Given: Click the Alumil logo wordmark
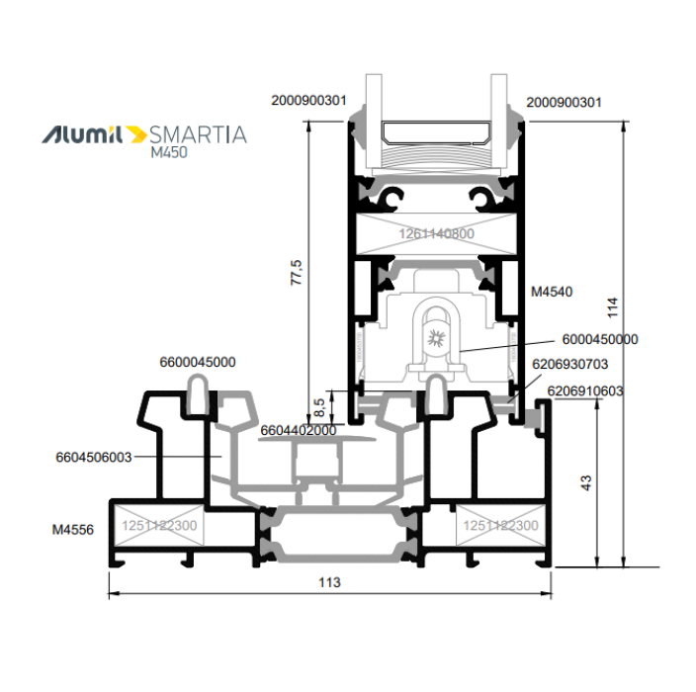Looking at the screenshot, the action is (82, 134).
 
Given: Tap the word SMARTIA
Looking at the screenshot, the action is (198, 134).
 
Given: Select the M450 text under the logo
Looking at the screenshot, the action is (169, 152).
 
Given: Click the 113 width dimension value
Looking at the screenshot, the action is (329, 582).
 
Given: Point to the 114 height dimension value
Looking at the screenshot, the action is (612, 307).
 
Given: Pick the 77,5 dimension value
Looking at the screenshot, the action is (296, 273).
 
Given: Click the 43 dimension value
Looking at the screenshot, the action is (586, 482).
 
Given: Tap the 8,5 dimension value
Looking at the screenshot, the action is (319, 407).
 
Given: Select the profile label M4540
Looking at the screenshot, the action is (552, 292).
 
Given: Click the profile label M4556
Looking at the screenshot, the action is (73, 530).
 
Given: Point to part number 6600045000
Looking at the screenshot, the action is (198, 362).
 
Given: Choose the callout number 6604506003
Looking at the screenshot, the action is (94, 457).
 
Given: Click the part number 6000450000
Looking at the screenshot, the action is (600, 339).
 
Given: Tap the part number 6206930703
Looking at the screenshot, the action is (569, 364).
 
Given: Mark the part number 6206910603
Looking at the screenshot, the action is (585, 390).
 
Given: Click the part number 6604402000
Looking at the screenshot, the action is (299, 430).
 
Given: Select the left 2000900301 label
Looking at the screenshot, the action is (308, 100).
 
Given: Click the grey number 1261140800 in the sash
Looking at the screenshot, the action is (436, 233).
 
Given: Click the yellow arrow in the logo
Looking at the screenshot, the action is (136, 134).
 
